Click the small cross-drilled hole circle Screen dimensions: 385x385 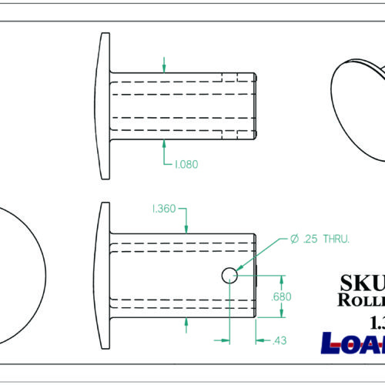coord(229,275)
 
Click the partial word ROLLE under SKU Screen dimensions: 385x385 coord(362,300)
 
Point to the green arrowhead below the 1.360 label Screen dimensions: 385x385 coord(187,228)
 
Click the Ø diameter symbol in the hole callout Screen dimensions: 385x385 coord(294,239)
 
